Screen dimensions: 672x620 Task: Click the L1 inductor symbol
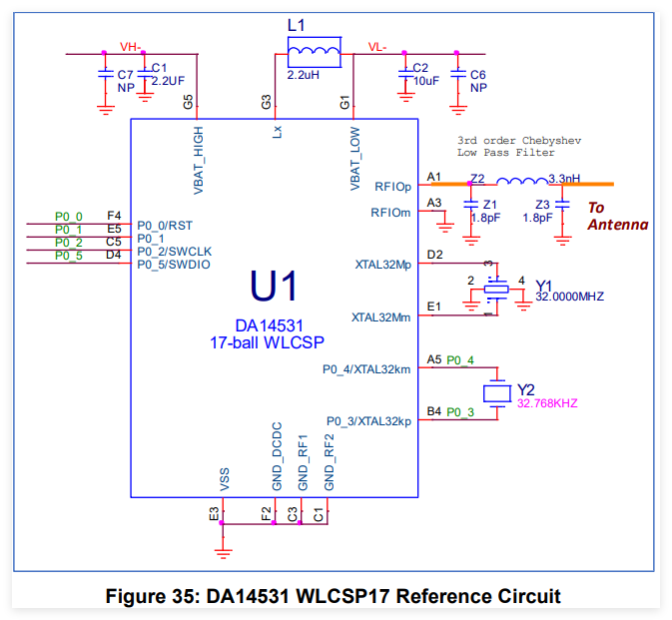pyautogui.click(x=315, y=52)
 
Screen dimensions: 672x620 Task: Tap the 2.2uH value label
pyautogui.click(x=303, y=75)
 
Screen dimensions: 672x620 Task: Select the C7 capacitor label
pyautogui.click(x=126, y=75)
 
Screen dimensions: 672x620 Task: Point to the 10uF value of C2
pyautogui.click(x=426, y=81)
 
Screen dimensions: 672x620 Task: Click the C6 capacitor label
pyautogui.click(x=478, y=75)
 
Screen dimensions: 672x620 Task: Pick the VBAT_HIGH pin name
pyautogui.click(x=199, y=161)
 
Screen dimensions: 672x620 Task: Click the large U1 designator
pyautogui.click(x=274, y=286)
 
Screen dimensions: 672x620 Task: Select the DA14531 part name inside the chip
pyautogui.click(x=270, y=326)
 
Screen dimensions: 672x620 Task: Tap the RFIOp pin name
pyautogui.click(x=393, y=187)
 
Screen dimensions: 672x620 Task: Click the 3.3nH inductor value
pyautogui.click(x=564, y=179)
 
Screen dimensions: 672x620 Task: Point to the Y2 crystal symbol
pyautogui.click(x=497, y=393)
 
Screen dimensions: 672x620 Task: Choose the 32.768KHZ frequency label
pyautogui.click(x=547, y=403)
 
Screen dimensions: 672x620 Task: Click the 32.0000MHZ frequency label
pyautogui.click(x=570, y=297)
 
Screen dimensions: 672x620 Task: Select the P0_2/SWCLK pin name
pyautogui.click(x=175, y=252)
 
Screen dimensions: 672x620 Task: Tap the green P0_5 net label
pyautogui.click(x=69, y=256)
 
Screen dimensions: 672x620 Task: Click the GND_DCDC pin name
pyautogui.click(x=278, y=456)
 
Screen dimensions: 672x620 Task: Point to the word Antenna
pyautogui.click(x=617, y=225)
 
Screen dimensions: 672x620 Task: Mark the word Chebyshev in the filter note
pyautogui.click(x=551, y=141)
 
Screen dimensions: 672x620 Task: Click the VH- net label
pyautogui.click(x=131, y=47)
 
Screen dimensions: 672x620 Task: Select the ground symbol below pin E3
pyautogui.click(x=223, y=553)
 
